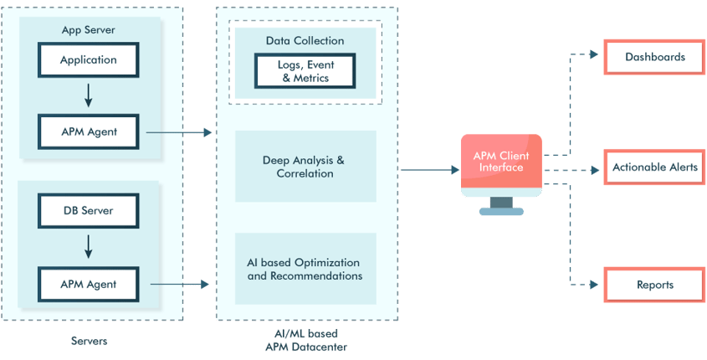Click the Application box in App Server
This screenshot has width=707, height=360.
(x=89, y=60)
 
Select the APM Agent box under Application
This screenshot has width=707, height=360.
(x=89, y=131)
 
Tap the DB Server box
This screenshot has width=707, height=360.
(x=89, y=210)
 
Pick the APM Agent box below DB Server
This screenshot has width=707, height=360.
(x=89, y=284)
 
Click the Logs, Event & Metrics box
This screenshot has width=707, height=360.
(x=305, y=71)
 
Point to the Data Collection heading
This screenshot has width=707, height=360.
(x=305, y=40)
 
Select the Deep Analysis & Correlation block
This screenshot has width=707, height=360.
(x=305, y=167)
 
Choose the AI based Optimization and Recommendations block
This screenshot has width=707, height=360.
(x=305, y=269)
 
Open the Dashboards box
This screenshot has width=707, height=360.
(x=655, y=57)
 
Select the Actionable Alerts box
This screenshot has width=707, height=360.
(x=655, y=167)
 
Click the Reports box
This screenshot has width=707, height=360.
(x=655, y=285)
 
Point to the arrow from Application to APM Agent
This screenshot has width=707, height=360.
(x=89, y=95)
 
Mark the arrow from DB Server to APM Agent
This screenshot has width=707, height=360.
(x=89, y=247)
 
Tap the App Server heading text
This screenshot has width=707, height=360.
(x=89, y=30)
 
